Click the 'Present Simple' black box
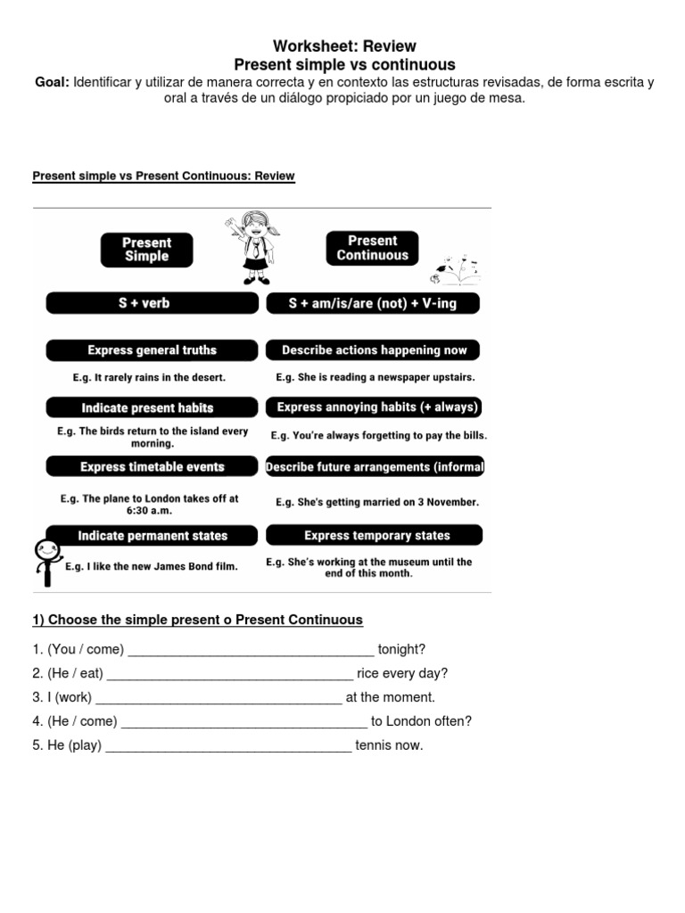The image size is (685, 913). pyautogui.click(x=146, y=250)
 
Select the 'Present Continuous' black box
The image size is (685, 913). pyautogui.click(x=372, y=248)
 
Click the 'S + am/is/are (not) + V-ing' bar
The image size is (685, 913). pyautogui.click(x=373, y=303)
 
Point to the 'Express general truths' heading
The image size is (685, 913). pyautogui.click(x=153, y=350)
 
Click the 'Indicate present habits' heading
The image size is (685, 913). pyautogui.click(x=148, y=407)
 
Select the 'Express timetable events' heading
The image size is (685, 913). pyautogui.click(x=153, y=466)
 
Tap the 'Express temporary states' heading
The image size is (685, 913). pyautogui.click(x=376, y=535)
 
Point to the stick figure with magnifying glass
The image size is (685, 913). pyautogui.click(x=44, y=557)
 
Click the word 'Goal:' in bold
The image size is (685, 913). pyautogui.click(x=52, y=82)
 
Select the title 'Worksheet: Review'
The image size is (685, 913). pyautogui.click(x=344, y=46)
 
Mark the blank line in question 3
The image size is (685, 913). pyautogui.click(x=219, y=697)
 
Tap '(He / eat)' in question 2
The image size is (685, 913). pyautogui.click(x=76, y=673)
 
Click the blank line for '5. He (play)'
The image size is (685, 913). pyautogui.click(x=228, y=745)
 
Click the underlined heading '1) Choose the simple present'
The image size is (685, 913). pyautogui.click(x=197, y=620)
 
